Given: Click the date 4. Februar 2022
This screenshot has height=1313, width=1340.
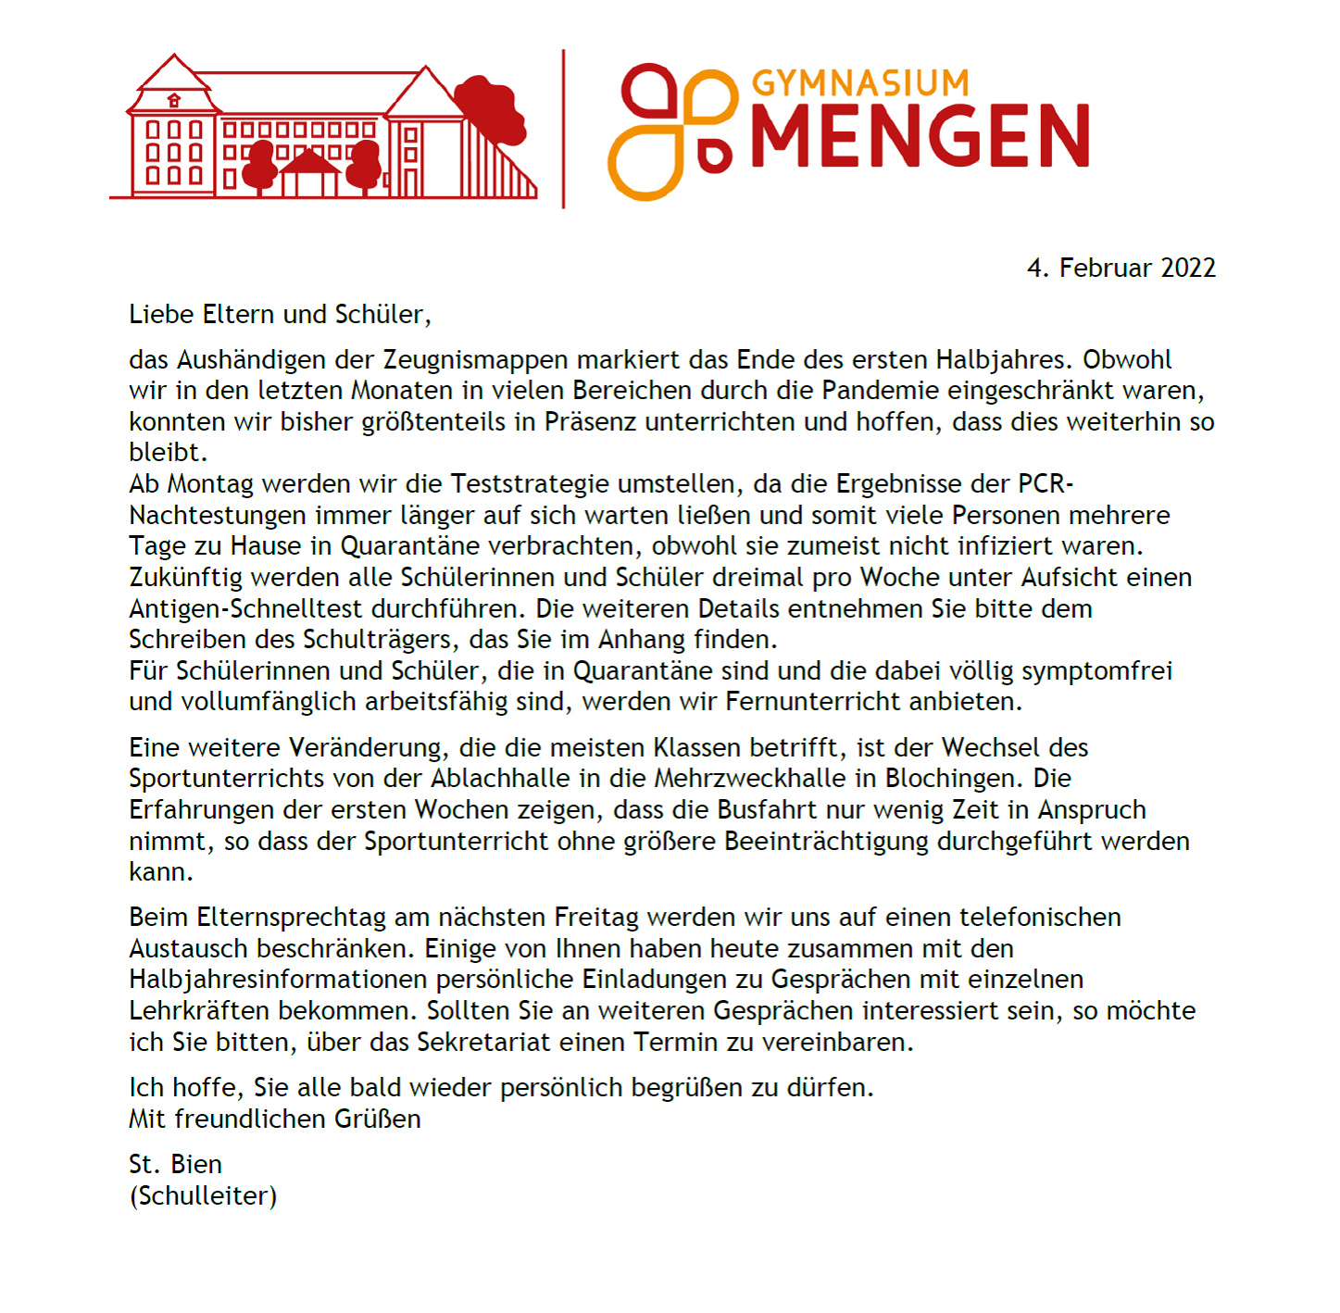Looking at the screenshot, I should (x=1121, y=269).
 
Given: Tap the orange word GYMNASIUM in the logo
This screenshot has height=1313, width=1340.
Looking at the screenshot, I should (x=860, y=83).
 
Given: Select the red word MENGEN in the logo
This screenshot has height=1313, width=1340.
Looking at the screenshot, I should (x=920, y=136).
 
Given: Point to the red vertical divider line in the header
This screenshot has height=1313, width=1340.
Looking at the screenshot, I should (x=563, y=129).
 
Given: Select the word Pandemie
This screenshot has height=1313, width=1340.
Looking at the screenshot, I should (x=880, y=391).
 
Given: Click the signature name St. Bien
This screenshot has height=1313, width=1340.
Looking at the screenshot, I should (x=176, y=1165).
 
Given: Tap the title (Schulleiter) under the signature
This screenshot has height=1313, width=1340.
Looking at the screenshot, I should (x=204, y=1196).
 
